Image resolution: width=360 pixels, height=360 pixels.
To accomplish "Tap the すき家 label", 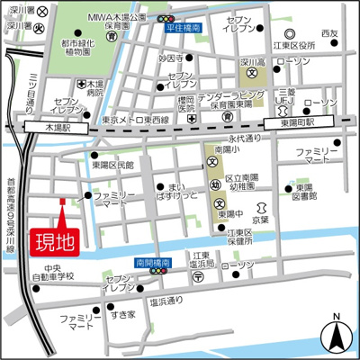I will [x=122, y=315].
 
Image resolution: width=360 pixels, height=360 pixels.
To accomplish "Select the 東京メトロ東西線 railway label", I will [x=135, y=119].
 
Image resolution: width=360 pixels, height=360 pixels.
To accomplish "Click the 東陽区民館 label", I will [x=112, y=165].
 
